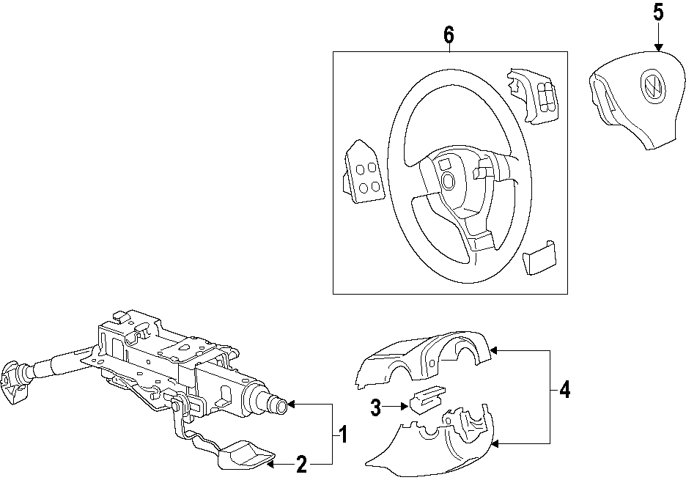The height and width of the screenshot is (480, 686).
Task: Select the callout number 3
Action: coord(376,408)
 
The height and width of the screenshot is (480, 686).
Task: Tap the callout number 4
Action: coord(564,391)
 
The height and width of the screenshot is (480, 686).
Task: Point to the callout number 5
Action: coord(657,12)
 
